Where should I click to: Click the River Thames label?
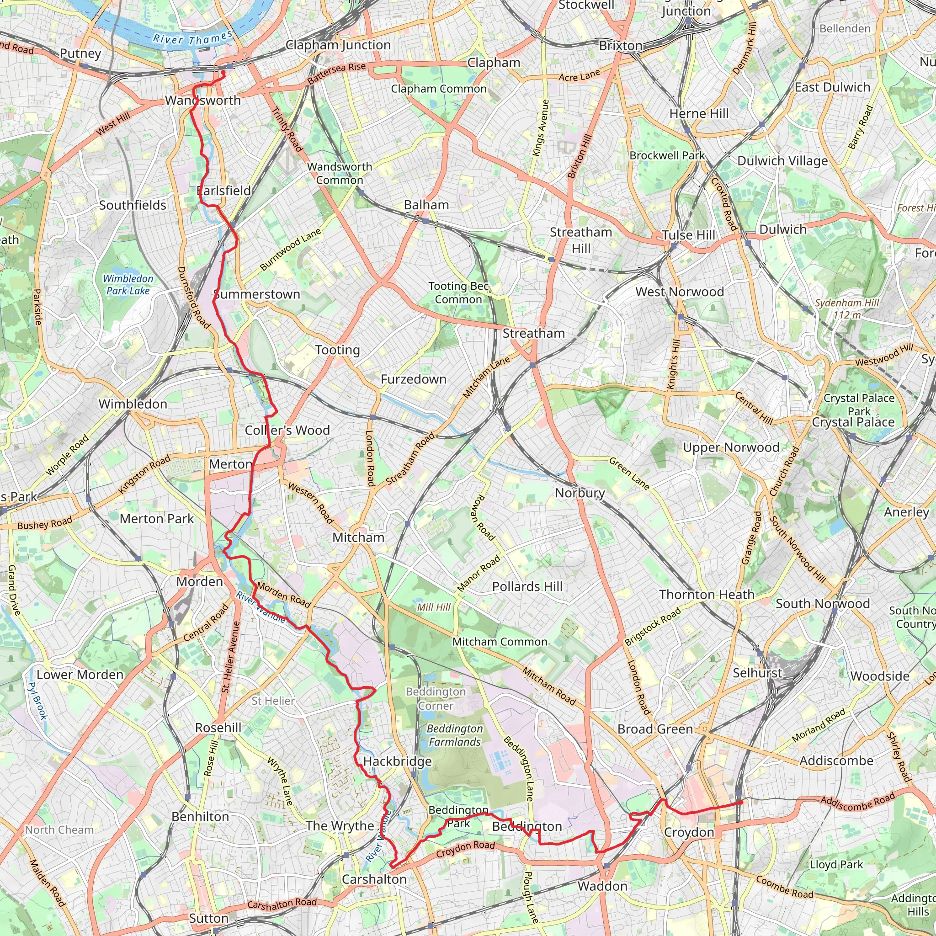[192, 38]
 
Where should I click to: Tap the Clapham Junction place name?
[338, 45]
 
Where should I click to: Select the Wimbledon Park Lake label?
[128, 285]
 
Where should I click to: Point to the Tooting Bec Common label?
[458, 292]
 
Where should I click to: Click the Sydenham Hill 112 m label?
[846, 308]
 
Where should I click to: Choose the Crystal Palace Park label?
[859, 404]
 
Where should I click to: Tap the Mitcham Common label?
[500, 642]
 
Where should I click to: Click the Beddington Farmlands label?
[454, 735]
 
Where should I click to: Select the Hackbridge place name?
[397, 761]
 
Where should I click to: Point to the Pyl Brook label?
[37, 701]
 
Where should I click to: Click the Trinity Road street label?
[287, 129]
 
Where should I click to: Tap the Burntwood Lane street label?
[290, 250]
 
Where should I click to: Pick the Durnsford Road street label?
[193, 298]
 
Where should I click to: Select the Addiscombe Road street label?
[857, 802]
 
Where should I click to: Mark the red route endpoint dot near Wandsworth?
[223, 73]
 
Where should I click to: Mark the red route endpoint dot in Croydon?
[741, 802]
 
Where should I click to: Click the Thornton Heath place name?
[707, 595]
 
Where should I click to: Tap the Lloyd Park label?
[836, 864]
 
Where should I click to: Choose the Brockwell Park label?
[667, 155]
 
